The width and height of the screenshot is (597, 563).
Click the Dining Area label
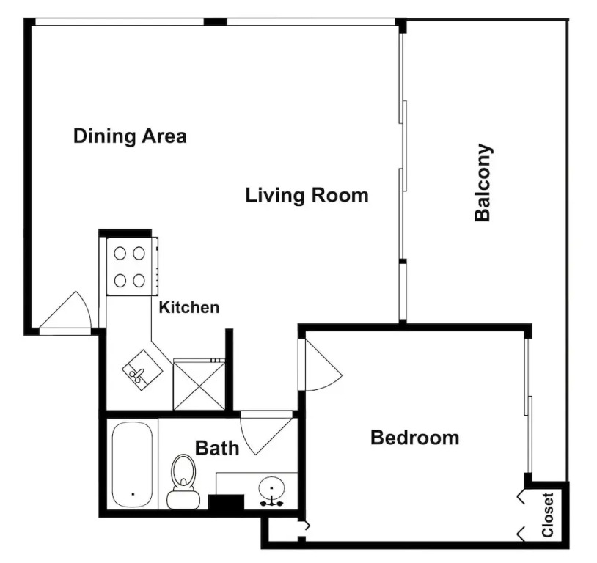pyautogui.click(x=130, y=136)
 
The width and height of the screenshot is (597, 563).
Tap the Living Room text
pyautogui.click(x=307, y=195)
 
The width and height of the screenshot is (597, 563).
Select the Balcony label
pyautogui.click(x=483, y=183)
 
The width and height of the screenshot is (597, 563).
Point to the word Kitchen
pyautogui.click(x=188, y=308)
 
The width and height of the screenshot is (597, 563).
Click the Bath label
pyautogui.click(x=217, y=448)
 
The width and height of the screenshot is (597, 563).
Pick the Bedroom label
pyautogui.click(x=414, y=438)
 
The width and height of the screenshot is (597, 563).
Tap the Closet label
pyautogui.click(x=547, y=515)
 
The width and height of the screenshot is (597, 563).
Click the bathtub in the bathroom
pyautogui.click(x=133, y=465)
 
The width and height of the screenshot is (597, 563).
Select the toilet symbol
pyautogui.click(x=183, y=482)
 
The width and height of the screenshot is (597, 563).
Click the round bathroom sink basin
pyautogui.click(x=271, y=487)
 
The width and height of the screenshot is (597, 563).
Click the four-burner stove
pyautogui.click(x=132, y=266)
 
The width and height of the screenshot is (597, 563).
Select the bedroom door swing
pyautogui.click(x=322, y=364)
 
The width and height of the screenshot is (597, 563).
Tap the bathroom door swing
pyautogui.click(x=266, y=434)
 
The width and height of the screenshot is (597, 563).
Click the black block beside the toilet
pyautogui.click(x=226, y=502)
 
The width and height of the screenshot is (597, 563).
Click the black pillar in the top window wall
pyautogui.click(x=216, y=21)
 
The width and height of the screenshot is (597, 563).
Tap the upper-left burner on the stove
pyautogui.click(x=120, y=253)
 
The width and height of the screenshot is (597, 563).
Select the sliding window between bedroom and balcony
pyautogui.click(x=528, y=405)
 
